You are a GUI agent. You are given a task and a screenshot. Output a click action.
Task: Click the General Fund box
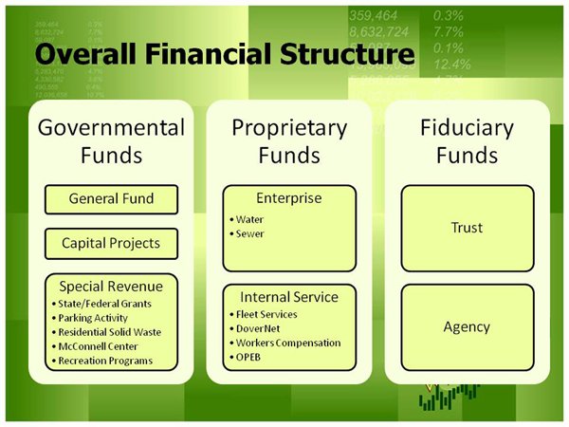(111, 200)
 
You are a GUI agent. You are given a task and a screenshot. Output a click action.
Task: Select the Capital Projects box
(111, 243)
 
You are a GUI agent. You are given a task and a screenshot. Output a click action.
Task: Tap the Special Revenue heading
(111, 286)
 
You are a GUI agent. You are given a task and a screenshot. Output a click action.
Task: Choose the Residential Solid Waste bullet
(107, 332)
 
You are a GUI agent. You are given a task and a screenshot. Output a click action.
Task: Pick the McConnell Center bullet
(97, 346)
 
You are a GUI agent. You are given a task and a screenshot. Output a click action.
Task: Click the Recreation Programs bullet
(104, 362)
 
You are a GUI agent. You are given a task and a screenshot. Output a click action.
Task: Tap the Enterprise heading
(289, 198)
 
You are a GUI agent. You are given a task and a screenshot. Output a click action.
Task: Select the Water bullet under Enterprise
(250, 217)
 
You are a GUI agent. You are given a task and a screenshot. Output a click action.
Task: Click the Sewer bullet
(249, 232)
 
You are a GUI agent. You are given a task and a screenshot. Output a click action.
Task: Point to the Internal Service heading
(289, 297)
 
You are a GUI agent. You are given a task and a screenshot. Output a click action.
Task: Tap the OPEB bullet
(248, 358)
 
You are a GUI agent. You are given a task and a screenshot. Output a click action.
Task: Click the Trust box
(467, 228)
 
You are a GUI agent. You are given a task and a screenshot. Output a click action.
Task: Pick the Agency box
(467, 327)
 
